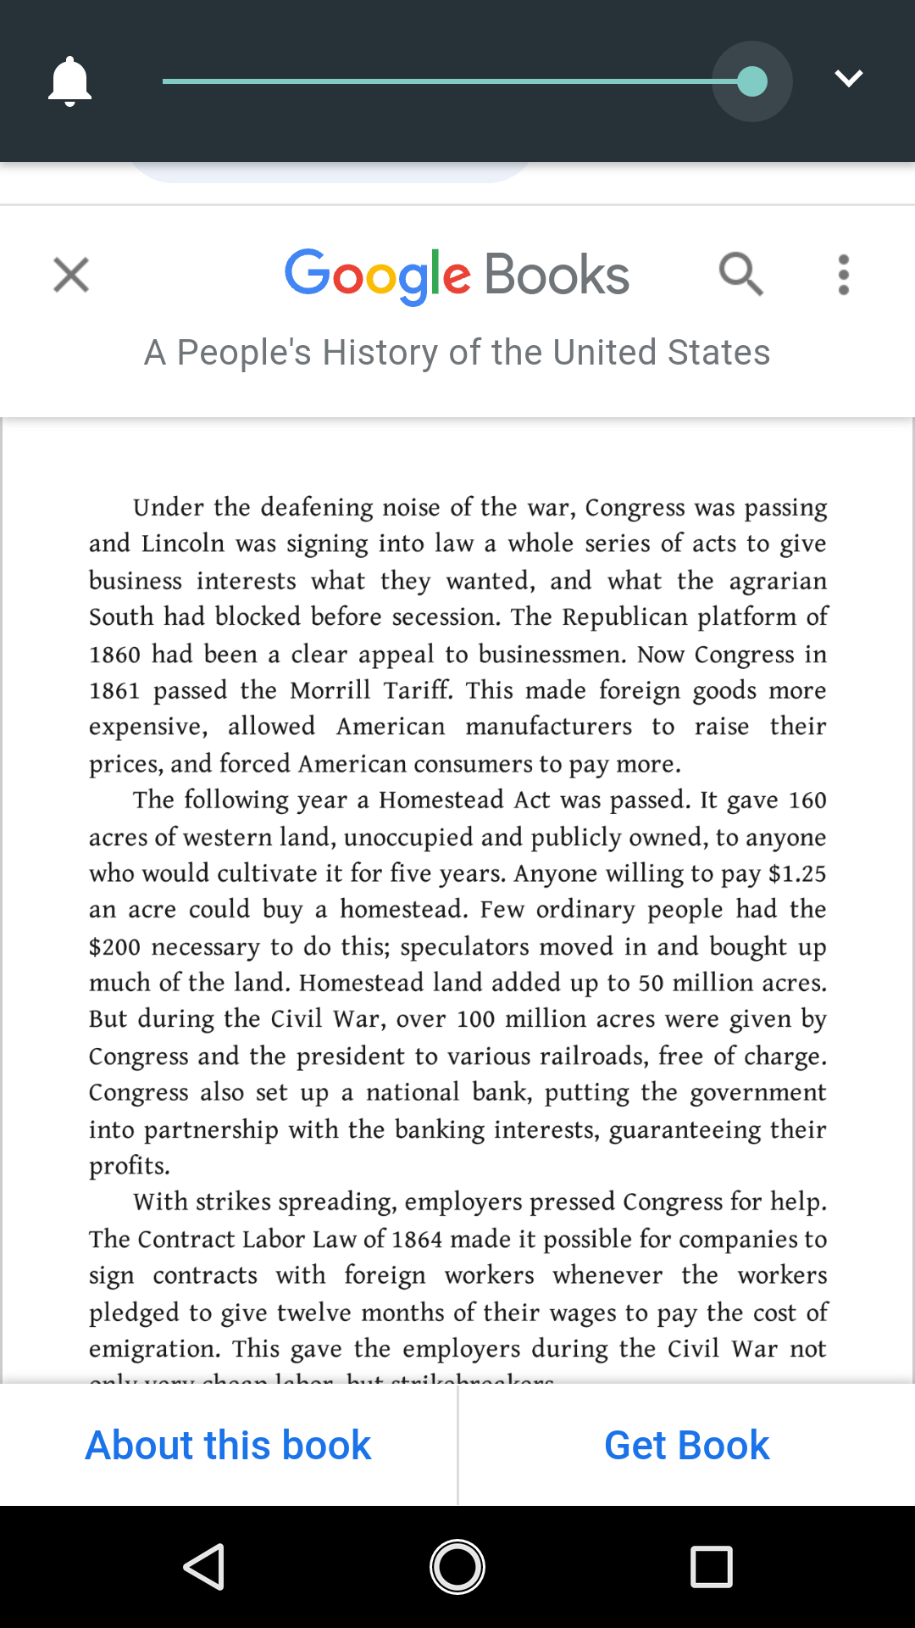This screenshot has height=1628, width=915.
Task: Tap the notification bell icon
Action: (x=69, y=81)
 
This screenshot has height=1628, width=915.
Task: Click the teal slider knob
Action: (x=752, y=81)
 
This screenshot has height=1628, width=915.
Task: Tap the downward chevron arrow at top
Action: (x=848, y=79)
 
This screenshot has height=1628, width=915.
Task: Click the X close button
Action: (x=71, y=275)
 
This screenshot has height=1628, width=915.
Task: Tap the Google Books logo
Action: (x=457, y=276)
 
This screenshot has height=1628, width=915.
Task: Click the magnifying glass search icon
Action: (x=741, y=274)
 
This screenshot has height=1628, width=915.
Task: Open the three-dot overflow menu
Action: (x=843, y=275)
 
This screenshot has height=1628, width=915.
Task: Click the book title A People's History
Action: (x=457, y=352)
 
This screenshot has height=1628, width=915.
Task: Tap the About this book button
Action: (x=229, y=1445)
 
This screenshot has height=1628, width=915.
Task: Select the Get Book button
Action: (x=686, y=1445)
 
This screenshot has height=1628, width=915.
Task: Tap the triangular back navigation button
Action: (x=204, y=1566)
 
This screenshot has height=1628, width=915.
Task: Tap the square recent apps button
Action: (x=711, y=1566)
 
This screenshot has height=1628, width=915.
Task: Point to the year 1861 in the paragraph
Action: (x=114, y=691)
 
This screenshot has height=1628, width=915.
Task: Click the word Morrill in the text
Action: (x=330, y=690)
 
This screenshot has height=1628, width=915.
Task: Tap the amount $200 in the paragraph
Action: (x=114, y=947)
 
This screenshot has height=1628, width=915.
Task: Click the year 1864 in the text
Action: (x=417, y=1240)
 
